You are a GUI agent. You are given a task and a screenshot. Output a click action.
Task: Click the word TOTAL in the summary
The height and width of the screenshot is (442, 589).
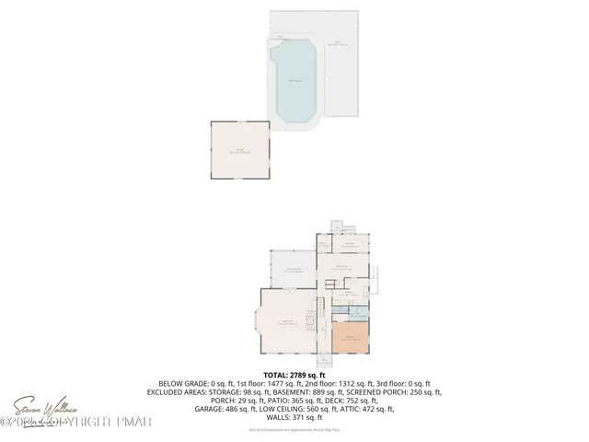point(277,376)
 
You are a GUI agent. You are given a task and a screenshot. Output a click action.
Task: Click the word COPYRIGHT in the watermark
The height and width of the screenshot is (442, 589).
point(87,422)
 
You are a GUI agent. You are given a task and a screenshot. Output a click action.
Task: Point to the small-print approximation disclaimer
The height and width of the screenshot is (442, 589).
point(294,429)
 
